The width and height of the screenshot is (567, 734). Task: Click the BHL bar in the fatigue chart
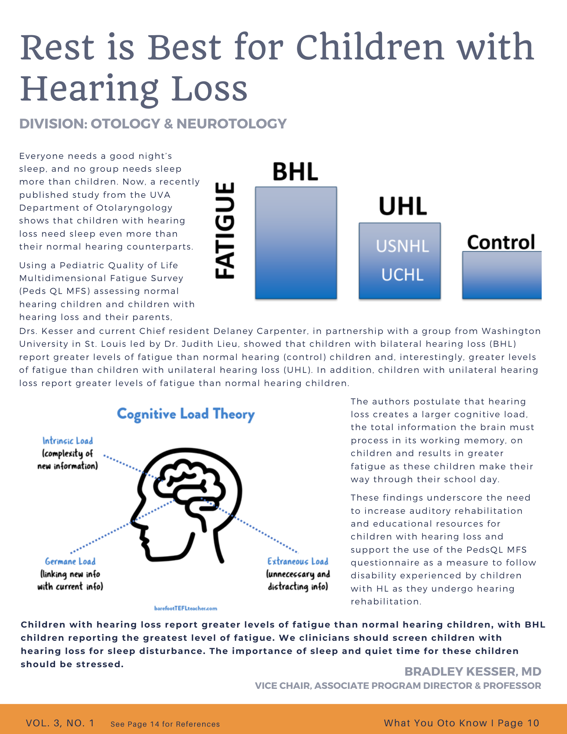pyautogui.click(x=296, y=243)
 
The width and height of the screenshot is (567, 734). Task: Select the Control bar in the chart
pyautogui.click(x=502, y=275)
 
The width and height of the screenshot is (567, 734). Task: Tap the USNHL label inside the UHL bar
pyautogui.click(x=402, y=246)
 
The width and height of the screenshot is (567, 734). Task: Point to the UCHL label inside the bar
pyautogui.click(x=402, y=275)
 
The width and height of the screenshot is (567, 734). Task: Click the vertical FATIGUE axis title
pyautogui.click(x=224, y=230)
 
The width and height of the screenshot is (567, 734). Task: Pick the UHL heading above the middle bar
pyautogui.click(x=403, y=206)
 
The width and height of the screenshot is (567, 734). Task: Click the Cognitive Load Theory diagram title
pyautogui.click(x=186, y=414)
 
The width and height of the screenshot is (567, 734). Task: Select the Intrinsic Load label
pyautogui.click(x=68, y=441)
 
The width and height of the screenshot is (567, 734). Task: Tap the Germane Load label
pyautogui.click(x=70, y=562)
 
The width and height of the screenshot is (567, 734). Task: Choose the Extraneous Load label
pyautogui.click(x=298, y=562)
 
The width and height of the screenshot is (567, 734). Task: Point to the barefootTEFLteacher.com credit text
pyautogui.click(x=186, y=608)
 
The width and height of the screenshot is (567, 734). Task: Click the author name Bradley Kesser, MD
pyautogui.click(x=473, y=672)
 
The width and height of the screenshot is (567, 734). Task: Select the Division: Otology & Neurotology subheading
pyautogui.click(x=153, y=124)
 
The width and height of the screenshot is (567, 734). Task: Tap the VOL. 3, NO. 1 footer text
pyautogui.click(x=60, y=723)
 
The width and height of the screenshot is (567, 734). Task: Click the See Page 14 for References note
pyautogui.click(x=165, y=724)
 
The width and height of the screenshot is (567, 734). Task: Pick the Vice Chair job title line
pyautogui.click(x=398, y=686)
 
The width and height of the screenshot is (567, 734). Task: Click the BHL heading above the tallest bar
pyautogui.click(x=295, y=171)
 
